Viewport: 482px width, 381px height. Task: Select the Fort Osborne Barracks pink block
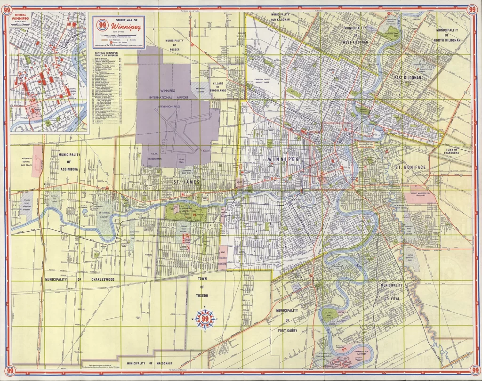coord(224,257)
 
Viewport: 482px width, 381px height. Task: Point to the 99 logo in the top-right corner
coord(473,10)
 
